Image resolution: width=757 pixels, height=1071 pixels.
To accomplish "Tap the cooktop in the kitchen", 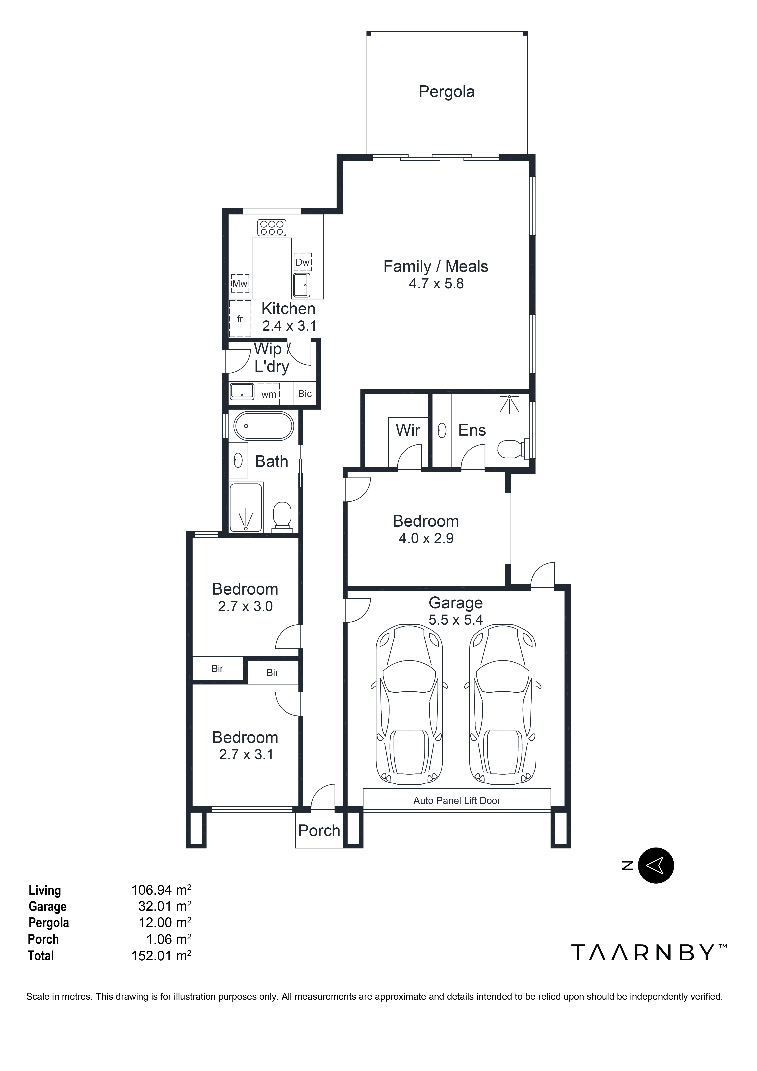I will [271, 228].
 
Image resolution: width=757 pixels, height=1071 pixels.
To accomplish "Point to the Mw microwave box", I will [240, 283].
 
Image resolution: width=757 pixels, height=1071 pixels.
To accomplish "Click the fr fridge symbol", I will [240, 319].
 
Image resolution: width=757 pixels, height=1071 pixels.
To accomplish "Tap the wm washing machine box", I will [269, 394].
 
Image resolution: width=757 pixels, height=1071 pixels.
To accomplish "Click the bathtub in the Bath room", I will [264, 426].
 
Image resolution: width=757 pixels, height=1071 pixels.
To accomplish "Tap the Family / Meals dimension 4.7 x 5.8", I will [436, 284].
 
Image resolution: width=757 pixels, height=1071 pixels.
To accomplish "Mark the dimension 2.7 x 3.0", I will [245, 606].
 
